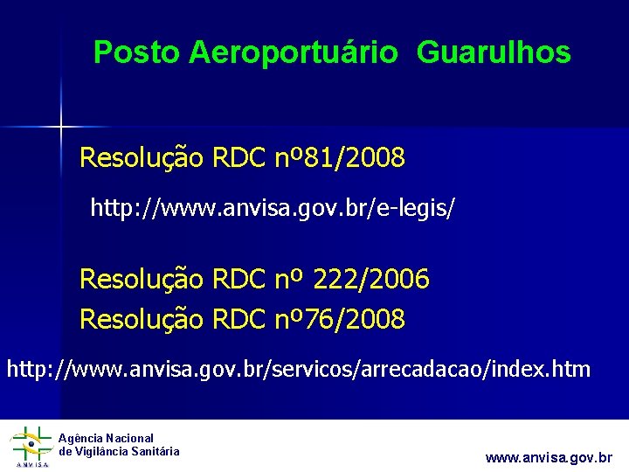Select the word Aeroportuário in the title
(x=292, y=53)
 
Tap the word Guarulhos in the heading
(x=494, y=53)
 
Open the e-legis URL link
(x=273, y=208)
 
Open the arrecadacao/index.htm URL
(x=299, y=369)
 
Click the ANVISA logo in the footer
(x=30, y=447)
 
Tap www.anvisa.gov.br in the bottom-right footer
(x=549, y=457)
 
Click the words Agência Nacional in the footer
(x=106, y=438)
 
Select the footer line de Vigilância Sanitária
(x=119, y=451)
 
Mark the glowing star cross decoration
(x=61, y=127)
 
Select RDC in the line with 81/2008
(x=238, y=158)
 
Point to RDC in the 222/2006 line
(x=238, y=280)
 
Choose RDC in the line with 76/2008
(x=238, y=320)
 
